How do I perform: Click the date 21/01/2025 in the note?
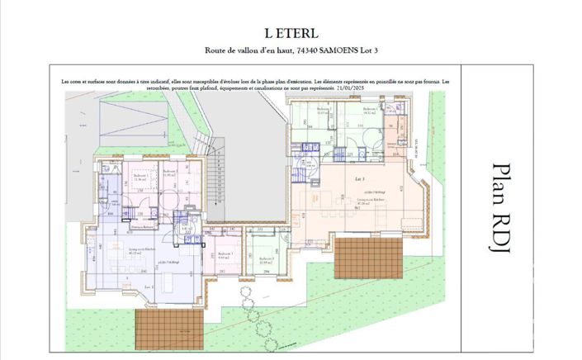418,87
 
